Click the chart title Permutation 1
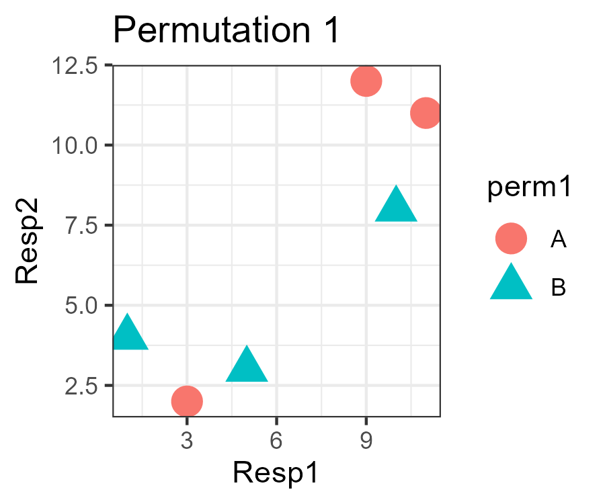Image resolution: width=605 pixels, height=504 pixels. click(227, 32)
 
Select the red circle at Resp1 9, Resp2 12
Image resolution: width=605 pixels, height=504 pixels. click(366, 81)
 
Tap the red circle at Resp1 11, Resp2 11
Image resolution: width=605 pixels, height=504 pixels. click(426, 113)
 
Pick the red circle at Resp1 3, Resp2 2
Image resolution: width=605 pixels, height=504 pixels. click(187, 401)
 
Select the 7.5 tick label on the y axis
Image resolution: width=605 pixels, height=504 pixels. click(79, 226)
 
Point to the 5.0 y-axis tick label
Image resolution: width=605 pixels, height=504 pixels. click(79, 306)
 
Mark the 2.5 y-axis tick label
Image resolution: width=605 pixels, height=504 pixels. click(79, 386)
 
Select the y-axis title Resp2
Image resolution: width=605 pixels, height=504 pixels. click(27, 241)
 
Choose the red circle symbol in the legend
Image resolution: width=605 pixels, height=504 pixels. click(511, 239)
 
